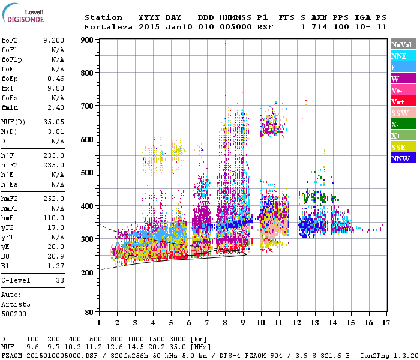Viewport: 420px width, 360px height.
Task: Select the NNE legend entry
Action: [x=403, y=56]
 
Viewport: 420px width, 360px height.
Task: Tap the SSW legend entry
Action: [x=403, y=113]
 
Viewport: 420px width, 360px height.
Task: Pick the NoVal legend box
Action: [x=403, y=44]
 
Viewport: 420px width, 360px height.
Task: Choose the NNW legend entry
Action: [x=403, y=158]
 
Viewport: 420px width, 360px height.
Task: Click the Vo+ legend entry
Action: [x=403, y=101]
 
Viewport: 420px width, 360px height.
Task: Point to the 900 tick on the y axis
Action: [x=88, y=40]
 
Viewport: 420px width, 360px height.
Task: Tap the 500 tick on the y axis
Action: [x=88, y=173]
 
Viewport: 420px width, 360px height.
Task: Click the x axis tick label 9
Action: [x=243, y=322]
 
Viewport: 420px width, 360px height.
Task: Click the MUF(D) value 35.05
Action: [x=53, y=121]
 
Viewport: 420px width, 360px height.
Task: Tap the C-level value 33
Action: [x=59, y=280]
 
